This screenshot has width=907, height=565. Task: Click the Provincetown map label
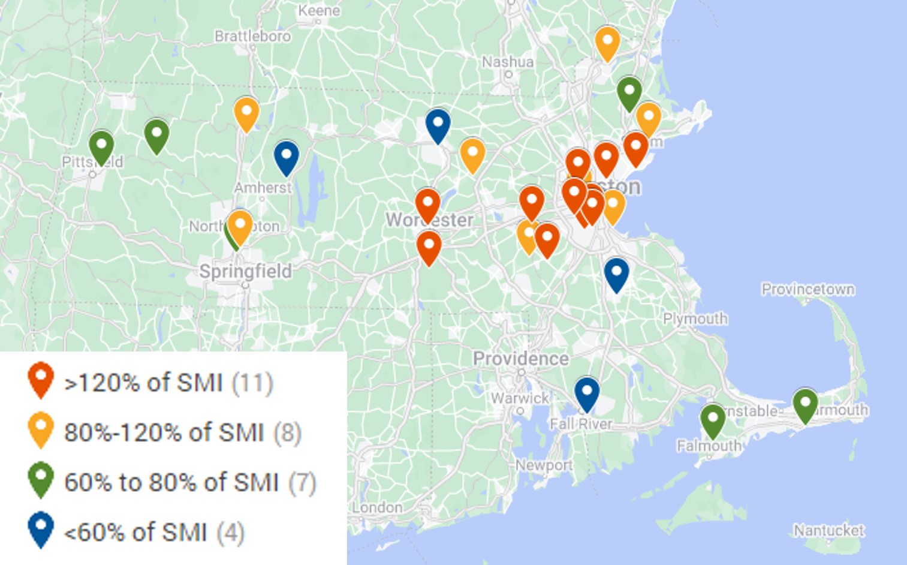point(807,289)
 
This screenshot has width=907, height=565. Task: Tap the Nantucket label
point(828,530)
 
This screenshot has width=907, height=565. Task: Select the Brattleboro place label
point(252,36)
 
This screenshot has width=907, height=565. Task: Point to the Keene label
point(319,11)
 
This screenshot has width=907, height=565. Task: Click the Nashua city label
point(507,62)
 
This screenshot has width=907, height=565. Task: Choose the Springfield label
point(245,271)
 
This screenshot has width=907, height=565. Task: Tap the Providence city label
point(520,359)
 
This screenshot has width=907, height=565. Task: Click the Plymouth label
point(695,318)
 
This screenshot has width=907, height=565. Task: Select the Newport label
point(543,465)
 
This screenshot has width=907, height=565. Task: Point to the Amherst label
point(262,188)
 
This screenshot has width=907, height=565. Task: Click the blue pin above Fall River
point(587,393)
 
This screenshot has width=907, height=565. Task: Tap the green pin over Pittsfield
point(101,146)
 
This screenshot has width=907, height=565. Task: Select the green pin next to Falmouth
point(713,420)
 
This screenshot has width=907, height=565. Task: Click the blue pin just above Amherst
point(286,157)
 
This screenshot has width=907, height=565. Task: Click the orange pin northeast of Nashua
point(607,43)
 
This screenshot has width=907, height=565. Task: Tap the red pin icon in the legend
point(41,378)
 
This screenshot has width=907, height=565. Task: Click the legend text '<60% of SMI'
point(135,533)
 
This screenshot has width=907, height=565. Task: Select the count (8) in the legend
point(287,432)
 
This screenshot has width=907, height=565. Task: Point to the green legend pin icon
point(41,478)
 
